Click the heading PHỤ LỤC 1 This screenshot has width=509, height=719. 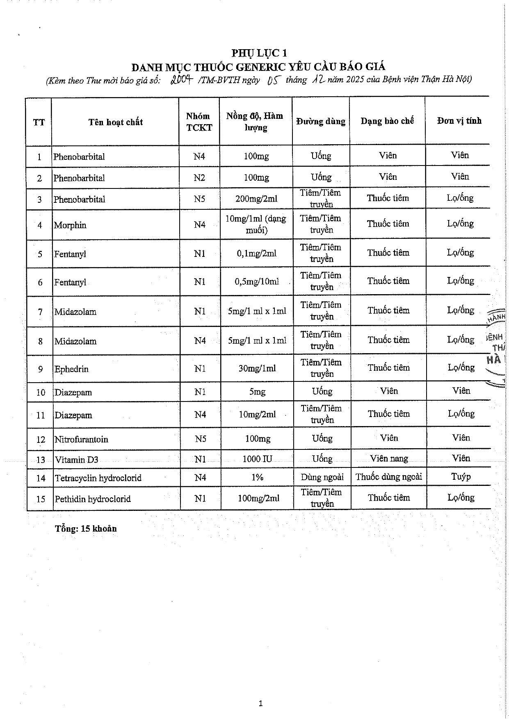(259, 53)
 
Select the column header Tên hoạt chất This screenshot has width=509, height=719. (115, 122)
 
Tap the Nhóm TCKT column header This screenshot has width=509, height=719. (199, 122)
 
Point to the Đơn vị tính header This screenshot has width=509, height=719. (459, 121)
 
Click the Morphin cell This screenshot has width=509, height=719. (70, 225)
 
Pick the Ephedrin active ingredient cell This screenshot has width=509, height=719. (71, 369)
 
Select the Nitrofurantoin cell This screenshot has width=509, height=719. (82, 440)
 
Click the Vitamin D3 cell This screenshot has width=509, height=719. (77, 460)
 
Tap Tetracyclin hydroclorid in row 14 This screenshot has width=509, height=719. (98, 478)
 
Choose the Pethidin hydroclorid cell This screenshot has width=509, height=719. (93, 499)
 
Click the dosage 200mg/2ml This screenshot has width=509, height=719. (256, 199)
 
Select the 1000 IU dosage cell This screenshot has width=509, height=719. (257, 459)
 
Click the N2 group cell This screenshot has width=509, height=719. (199, 178)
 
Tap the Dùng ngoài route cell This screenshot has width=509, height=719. (322, 477)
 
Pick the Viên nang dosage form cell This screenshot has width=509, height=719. (389, 458)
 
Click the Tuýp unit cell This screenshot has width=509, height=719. (461, 477)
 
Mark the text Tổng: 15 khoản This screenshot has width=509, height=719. (86, 529)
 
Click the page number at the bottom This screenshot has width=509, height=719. (260, 704)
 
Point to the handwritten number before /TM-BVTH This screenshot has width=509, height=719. (181, 80)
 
